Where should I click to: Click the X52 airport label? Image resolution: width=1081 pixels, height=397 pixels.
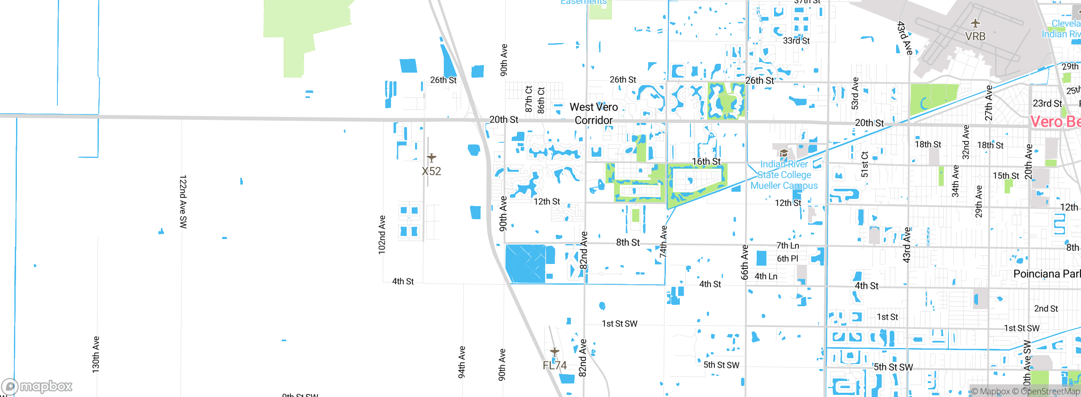pyautogui.click(x=431, y=171)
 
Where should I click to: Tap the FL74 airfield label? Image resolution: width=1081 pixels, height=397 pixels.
pyautogui.click(x=554, y=365)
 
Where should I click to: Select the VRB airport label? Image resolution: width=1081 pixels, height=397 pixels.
pyautogui.click(x=975, y=37)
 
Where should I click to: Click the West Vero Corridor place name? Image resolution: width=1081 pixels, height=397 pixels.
pyautogui.click(x=594, y=114)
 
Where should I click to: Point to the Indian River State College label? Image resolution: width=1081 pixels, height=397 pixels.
pyautogui.click(x=784, y=175)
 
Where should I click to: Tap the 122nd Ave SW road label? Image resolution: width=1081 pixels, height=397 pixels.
pyautogui.click(x=183, y=201)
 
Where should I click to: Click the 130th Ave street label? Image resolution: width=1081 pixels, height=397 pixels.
pyautogui.click(x=96, y=354)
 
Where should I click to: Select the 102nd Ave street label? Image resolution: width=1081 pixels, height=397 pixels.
pyautogui.click(x=382, y=234)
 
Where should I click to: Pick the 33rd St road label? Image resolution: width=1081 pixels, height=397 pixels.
pyautogui.click(x=796, y=41)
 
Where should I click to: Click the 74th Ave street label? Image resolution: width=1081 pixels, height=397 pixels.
pyautogui.click(x=663, y=241)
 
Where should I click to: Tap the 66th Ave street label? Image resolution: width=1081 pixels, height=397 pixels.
pyautogui.click(x=744, y=262)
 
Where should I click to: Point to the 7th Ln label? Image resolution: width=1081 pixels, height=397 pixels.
pyautogui.click(x=788, y=245)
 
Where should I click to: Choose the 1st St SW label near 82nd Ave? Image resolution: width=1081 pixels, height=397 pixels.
pyautogui.click(x=619, y=324)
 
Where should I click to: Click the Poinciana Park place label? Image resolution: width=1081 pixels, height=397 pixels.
pyautogui.click(x=1046, y=274)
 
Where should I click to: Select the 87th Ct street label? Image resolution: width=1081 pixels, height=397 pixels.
pyautogui.click(x=529, y=99)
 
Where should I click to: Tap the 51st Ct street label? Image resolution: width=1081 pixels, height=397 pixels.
pyautogui.click(x=864, y=164)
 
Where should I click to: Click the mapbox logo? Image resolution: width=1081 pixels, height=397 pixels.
pyautogui.click(x=37, y=386)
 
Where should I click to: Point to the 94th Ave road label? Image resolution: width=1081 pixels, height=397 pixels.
pyautogui.click(x=462, y=362)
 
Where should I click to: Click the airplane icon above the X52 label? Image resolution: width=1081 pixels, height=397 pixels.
pyautogui.click(x=431, y=158)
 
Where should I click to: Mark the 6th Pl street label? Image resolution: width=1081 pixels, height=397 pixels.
pyautogui.click(x=788, y=258)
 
